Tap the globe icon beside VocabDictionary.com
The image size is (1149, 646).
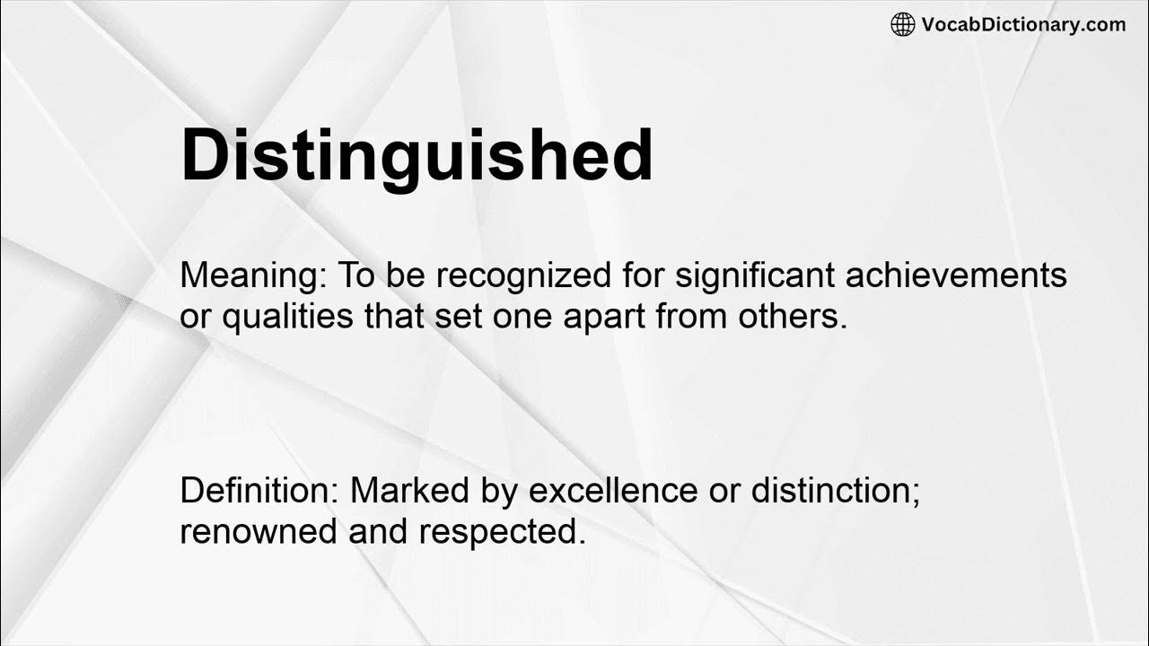tap(902, 25)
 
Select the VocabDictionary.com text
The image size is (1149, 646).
tap(1023, 25)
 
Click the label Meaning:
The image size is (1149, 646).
tap(253, 276)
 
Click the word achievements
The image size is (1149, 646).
tap(956, 276)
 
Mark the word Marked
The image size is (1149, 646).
tap(409, 491)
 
